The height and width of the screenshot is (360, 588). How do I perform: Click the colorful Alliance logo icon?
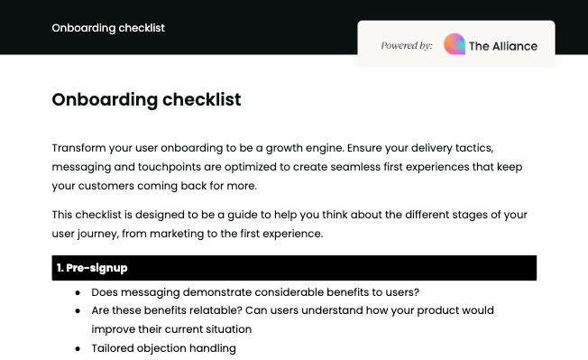click(455, 45)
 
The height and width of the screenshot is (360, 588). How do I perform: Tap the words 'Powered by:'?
click(406, 45)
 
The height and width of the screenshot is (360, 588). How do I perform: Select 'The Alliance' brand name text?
click(503, 46)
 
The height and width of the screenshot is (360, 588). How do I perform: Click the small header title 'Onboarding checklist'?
click(108, 27)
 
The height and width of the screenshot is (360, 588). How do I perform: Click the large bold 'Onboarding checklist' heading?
click(146, 99)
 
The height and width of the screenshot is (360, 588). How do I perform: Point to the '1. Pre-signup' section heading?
click(92, 268)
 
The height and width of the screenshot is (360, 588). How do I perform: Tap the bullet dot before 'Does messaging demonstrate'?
click(78, 292)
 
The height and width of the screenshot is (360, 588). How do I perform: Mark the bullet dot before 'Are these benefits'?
click(78, 310)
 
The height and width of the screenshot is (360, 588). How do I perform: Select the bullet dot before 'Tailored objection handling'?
click(78, 348)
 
